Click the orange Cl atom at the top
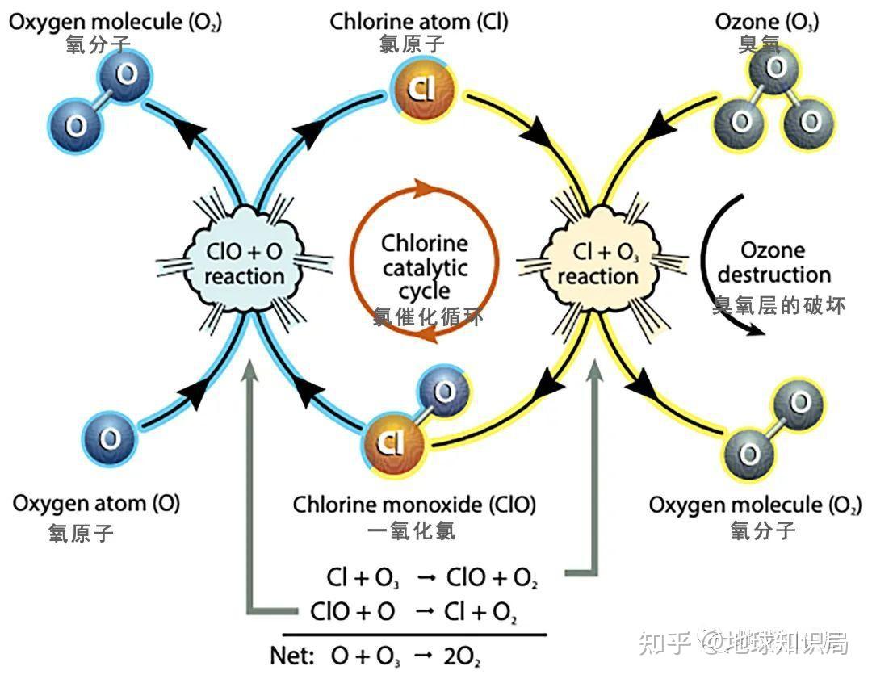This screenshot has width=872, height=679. (420, 89)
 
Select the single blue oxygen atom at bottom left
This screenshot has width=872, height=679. (109, 438)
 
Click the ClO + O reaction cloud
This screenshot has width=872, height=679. (244, 263)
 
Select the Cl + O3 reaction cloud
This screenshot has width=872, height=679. (597, 263)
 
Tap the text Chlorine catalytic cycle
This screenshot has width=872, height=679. (425, 266)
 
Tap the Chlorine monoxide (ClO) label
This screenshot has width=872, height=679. (413, 505)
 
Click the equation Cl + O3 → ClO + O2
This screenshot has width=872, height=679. (432, 578)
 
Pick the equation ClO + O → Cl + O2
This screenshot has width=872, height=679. (413, 611)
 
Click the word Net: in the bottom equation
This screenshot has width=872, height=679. (291, 655)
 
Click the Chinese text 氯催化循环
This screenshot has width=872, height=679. (428, 317)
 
